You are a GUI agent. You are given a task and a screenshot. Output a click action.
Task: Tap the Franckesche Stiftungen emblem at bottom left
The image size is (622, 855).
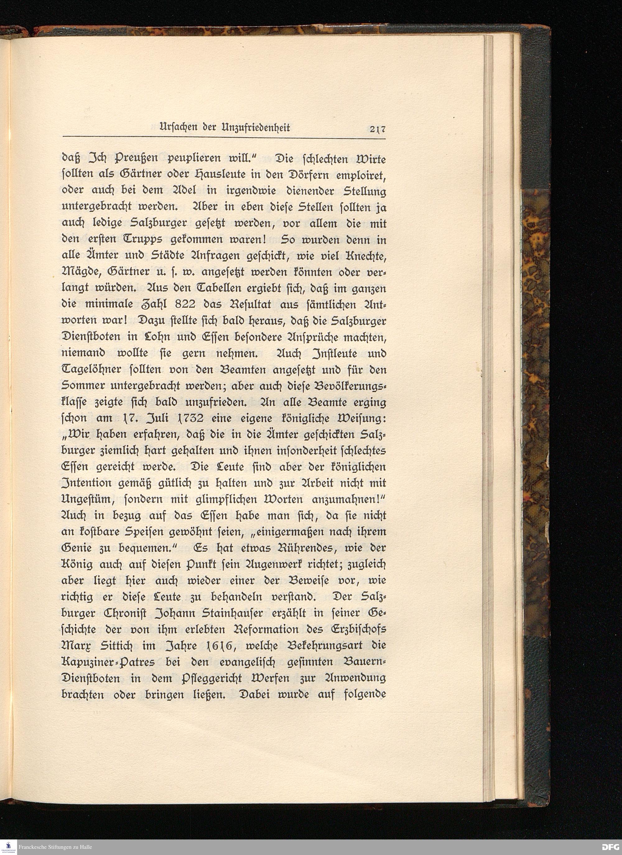[x=7, y=846]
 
